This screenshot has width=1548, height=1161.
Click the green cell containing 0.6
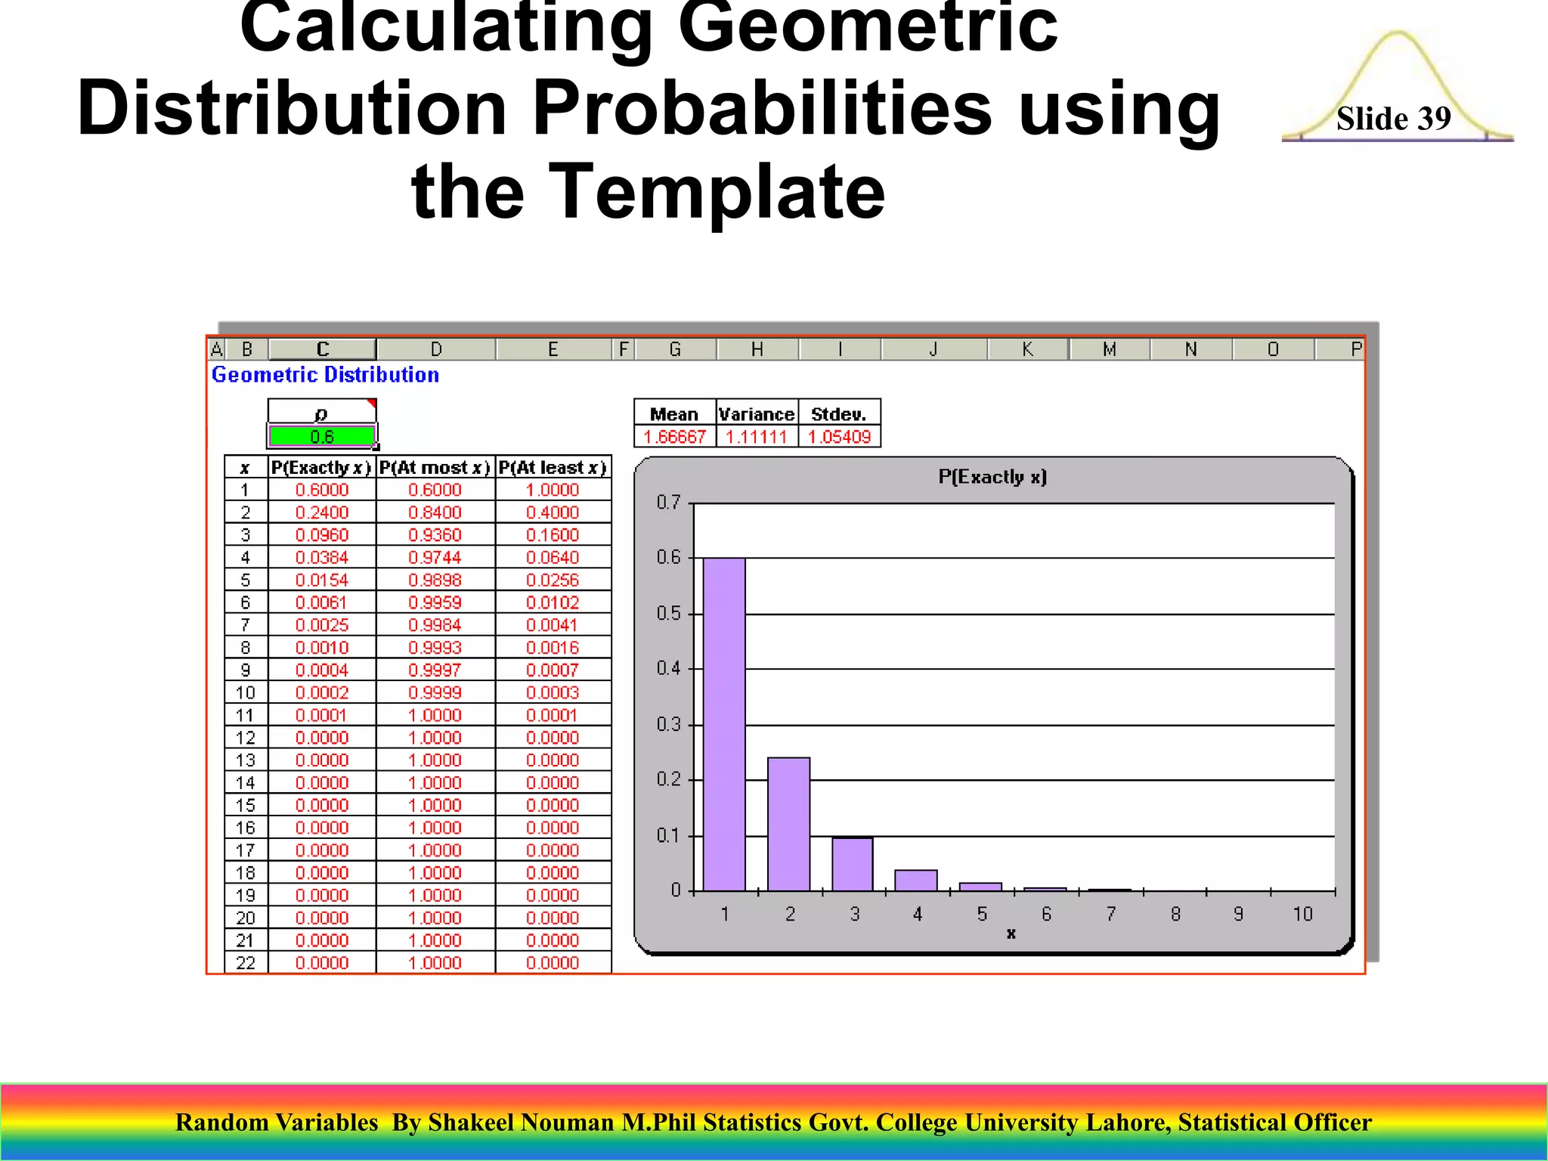(322, 437)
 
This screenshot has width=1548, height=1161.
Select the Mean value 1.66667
(674, 437)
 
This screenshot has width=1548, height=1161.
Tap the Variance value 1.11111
(757, 437)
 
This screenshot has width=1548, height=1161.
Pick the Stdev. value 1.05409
(839, 437)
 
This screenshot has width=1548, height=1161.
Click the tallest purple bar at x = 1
(724, 724)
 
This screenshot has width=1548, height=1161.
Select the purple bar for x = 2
(788, 824)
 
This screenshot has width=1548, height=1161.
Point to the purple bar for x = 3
(853, 864)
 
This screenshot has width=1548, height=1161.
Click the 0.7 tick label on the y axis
(668, 503)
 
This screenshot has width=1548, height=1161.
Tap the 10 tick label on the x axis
(1302, 915)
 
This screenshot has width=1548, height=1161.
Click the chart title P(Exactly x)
(992, 477)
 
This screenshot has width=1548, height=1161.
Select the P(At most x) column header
(435, 468)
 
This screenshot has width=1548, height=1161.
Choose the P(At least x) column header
(553, 468)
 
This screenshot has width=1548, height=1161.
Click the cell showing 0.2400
(322, 512)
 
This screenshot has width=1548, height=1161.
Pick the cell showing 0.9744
(435, 558)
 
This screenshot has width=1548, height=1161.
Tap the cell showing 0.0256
(553, 580)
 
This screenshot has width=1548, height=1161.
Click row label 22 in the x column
(246, 963)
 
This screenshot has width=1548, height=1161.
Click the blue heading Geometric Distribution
(325, 375)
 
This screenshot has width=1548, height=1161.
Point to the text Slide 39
(1393, 119)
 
